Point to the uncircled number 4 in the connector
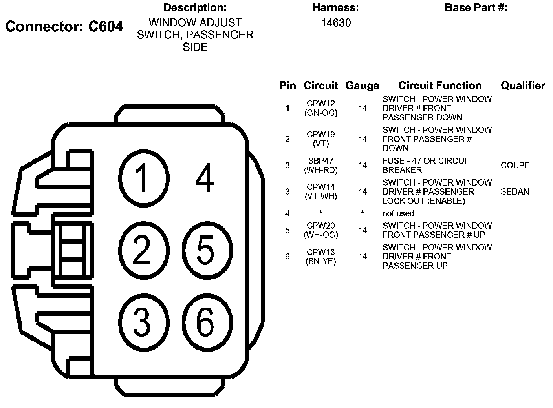coord(204,179)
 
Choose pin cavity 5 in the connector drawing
coord(206,250)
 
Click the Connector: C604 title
coord(64,27)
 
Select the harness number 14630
coord(336,23)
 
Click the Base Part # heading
coord(476,8)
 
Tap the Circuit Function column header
coord(439,86)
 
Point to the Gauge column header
coord(362,86)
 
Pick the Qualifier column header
coord(523,86)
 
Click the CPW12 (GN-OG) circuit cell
coord(321,108)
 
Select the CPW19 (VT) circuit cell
coord(321,139)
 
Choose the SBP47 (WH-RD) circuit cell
coord(321,166)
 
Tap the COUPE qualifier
coord(515,166)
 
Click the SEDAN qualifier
coord(515,192)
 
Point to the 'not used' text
coord(398,213)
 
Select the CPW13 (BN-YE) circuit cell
coord(321,257)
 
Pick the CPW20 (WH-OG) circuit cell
coord(321,230)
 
